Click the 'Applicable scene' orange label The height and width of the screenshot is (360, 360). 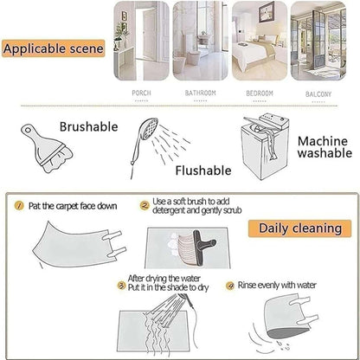pos(54,48)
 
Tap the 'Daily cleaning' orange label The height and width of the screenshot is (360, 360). pos(299,228)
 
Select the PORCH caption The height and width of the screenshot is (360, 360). pos(141,93)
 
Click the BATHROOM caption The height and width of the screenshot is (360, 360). pos(200,93)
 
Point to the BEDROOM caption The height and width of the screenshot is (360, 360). pos(260,93)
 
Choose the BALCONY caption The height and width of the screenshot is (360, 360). pos(318,94)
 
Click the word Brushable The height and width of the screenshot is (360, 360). pos(89,127)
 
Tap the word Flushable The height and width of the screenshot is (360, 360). pos(203,170)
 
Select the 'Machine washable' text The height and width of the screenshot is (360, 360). pos(325,147)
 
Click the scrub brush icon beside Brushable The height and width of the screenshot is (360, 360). pos(46,148)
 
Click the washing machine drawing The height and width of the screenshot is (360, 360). pos(264,146)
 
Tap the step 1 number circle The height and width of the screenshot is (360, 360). pos(19,206)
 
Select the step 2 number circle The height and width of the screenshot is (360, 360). pos(145,206)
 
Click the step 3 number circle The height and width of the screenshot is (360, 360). pos(122,286)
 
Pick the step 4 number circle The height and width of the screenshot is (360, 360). pos(230,286)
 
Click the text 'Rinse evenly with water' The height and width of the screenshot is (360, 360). pos(277,286)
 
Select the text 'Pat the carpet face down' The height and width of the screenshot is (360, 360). pos(73,206)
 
